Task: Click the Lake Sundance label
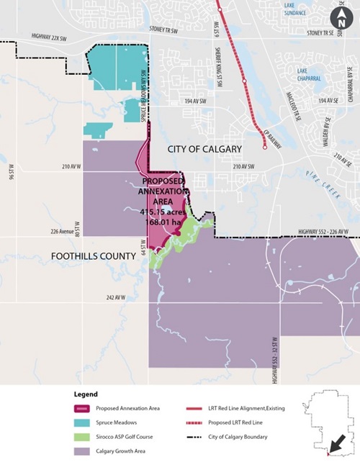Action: click(x=318, y=9)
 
